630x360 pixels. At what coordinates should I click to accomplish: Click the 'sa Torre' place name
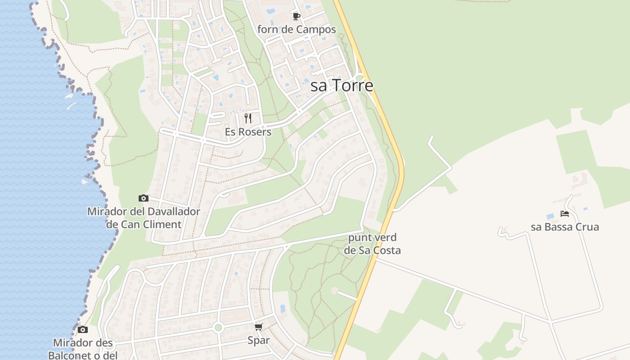click(342, 85)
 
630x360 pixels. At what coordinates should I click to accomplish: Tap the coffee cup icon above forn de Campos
click(296, 17)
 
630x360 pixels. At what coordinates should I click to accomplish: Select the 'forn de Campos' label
click(297, 30)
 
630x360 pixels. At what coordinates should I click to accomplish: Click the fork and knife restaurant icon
click(247, 118)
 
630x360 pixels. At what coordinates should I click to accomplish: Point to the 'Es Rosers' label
click(248, 132)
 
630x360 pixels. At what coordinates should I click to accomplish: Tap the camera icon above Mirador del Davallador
click(143, 198)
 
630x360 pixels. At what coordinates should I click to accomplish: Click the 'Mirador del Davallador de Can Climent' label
click(144, 218)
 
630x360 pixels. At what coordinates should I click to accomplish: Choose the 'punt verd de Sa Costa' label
click(372, 244)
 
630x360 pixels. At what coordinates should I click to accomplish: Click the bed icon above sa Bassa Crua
click(565, 214)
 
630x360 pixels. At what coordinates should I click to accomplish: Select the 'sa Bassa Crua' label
click(565, 227)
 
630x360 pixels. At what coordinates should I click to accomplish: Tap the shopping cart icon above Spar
click(258, 327)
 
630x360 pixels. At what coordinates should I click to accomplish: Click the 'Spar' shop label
click(259, 340)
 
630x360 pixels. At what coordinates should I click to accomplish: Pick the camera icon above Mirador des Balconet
click(82, 330)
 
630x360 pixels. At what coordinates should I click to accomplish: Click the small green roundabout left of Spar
click(218, 328)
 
